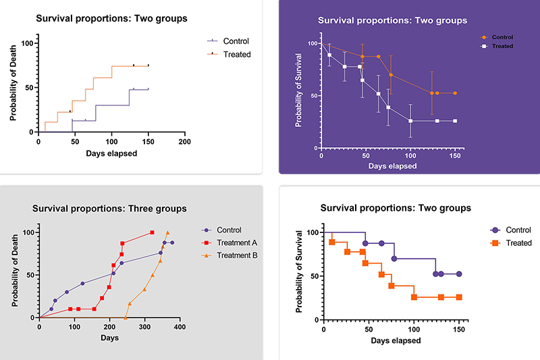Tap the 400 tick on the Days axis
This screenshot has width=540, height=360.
point(180,327)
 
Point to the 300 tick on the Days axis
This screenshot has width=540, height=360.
point(144,327)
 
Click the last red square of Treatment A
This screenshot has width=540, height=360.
point(152,232)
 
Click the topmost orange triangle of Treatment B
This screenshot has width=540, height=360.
point(167,232)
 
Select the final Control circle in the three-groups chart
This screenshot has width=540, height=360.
point(172,242)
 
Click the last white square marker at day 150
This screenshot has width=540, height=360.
point(455,121)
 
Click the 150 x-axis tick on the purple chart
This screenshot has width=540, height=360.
point(456,157)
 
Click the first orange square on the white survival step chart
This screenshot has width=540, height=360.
point(332,242)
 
